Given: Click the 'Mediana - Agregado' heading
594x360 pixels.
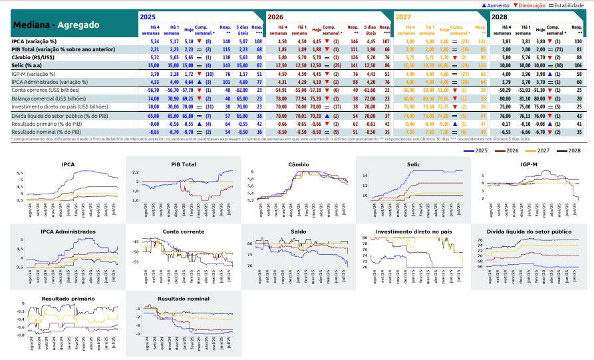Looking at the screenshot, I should click(56, 25).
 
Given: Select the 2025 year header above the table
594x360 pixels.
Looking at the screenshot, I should click(147, 16).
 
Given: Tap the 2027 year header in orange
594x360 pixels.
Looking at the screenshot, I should click(402, 16).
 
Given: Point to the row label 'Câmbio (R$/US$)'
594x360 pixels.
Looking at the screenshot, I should click(35, 57).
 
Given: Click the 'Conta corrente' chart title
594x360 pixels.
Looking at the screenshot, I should click(182, 232).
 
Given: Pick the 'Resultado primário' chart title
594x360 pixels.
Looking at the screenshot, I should click(67, 299).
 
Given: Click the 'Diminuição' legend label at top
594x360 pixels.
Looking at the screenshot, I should click(532, 5).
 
